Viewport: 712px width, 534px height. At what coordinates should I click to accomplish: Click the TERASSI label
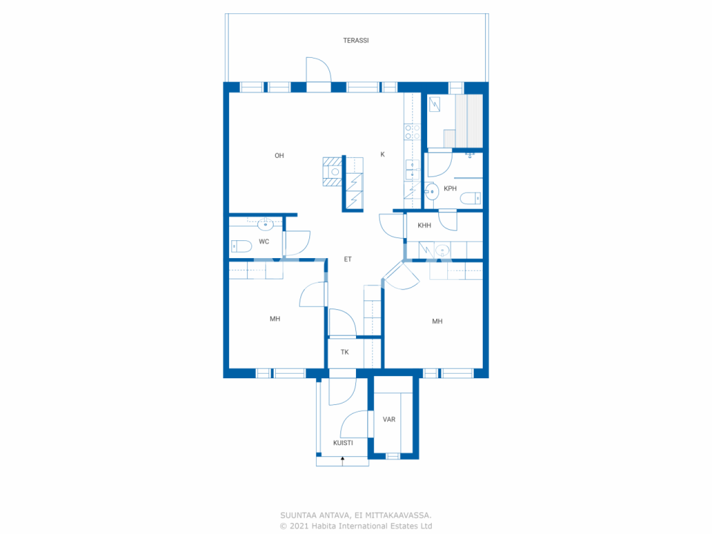tap(355, 41)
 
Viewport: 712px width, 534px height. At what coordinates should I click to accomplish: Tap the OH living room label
tap(279, 156)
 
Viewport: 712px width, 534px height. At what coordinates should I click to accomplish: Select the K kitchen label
tap(382, 155)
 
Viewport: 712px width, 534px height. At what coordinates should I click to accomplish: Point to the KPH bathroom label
tap(450, 189)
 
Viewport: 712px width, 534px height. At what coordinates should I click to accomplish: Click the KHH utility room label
tap(424, 225)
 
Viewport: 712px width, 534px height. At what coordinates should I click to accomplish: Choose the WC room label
tap(264, 241)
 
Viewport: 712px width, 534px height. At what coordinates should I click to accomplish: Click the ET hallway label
tap(348, 259)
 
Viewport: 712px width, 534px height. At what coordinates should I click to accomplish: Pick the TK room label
tap(345, 352)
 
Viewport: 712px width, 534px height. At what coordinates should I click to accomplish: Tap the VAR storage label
tap(389, 419)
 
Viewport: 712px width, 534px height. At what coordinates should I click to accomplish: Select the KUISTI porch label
tap(343, 443)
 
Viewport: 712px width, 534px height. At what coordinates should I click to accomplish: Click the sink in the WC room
tap(265, 225)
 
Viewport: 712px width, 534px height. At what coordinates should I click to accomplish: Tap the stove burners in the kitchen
tap(412, 132)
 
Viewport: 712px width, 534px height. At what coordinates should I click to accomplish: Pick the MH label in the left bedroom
tap(275, 319)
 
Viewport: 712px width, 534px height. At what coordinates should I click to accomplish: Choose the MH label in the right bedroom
tap(437, 322)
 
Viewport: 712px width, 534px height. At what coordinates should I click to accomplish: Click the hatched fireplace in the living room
tap(333, 171)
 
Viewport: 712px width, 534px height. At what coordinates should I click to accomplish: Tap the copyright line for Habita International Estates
tap(356, 526)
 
